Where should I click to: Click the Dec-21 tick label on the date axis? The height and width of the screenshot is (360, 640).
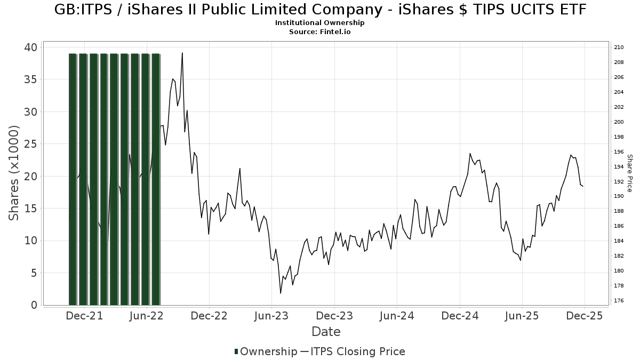tap(84, 316)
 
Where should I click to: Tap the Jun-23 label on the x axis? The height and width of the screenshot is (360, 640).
tap(271, 316)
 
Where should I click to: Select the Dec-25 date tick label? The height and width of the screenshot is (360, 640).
tap(585, 316)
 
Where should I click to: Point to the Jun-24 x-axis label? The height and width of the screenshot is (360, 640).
tap(397, 316)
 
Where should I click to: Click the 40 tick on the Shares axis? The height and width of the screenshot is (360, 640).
tap(30, 47)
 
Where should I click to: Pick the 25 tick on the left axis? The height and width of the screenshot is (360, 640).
tap(30, 144)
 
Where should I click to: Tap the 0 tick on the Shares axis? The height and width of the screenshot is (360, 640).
tap(34, 305)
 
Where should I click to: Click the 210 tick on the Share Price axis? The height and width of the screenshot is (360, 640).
tap(619, 47)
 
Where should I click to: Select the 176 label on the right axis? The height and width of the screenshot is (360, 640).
tap(619, 301)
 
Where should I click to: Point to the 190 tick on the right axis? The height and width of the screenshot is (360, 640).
tap(619, 196)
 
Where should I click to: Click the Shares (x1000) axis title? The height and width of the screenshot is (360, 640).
tap(14, 173)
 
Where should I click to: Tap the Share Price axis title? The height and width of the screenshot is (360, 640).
tap(629, 173)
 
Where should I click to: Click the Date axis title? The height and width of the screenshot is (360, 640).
tap(326, 332)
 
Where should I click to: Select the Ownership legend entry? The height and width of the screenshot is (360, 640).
tap(266, 351)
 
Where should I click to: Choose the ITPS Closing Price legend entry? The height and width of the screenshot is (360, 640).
tap(353, 351)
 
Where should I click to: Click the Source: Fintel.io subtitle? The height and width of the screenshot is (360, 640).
tap(319, 31)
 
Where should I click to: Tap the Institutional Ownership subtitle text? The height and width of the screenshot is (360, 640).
tap(319, 23)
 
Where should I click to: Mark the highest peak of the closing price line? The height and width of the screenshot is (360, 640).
tap(182, 53)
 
